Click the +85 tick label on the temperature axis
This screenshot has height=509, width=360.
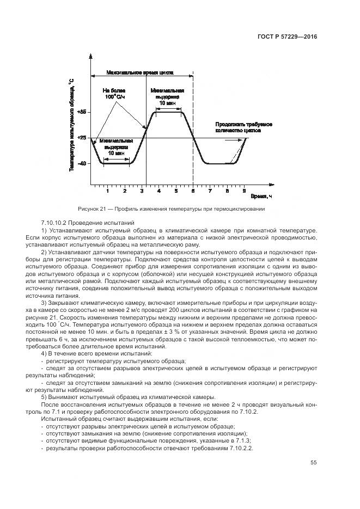[83, 112]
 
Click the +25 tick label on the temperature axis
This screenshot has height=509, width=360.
[83, 138]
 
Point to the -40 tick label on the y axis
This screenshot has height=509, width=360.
[83, 163]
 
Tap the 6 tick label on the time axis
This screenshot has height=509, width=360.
[193, 191]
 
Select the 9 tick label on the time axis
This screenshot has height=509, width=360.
[244, 191]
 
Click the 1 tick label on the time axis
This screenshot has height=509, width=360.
[108, 191]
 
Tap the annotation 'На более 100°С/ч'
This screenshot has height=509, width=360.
[115, 93]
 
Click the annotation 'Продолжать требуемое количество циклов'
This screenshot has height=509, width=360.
[244, 127]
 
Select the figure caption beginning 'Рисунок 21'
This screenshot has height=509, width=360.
[179, 208]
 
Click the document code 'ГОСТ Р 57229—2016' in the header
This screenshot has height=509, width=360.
[287, 36]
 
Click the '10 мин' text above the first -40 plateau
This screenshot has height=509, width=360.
[115, 154]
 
